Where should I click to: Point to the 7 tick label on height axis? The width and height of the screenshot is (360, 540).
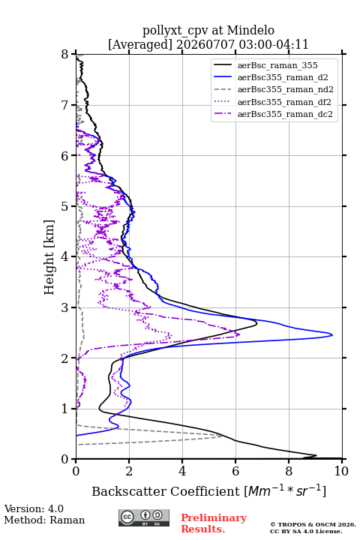64,105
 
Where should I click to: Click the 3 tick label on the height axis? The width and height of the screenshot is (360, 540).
64,307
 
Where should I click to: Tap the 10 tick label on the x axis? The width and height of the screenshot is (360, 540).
341,471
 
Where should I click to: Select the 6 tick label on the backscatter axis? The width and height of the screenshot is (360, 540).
235,471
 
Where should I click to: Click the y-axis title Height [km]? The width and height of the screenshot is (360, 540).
49,257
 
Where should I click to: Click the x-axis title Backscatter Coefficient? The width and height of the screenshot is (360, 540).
165,491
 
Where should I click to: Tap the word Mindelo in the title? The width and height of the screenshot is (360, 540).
250,30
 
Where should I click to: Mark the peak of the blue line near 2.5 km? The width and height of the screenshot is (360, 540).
332,334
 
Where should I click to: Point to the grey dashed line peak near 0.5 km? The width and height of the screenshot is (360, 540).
222,436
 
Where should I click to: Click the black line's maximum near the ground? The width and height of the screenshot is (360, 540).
316,456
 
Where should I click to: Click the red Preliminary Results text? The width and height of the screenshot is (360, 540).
214,523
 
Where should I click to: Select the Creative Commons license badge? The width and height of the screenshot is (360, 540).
144,518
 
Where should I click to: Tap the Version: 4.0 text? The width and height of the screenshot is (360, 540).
34,508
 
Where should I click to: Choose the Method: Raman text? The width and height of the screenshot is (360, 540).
44,520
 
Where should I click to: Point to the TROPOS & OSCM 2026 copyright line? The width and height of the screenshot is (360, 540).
313,524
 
